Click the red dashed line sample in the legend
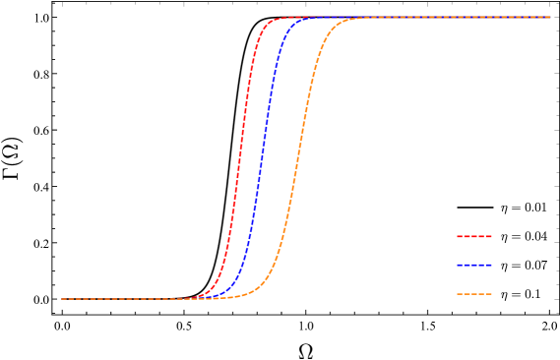473,236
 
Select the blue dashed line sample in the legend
473,266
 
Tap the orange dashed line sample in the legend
473,294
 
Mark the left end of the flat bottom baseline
62,299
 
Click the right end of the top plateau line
549,17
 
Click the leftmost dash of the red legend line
460,236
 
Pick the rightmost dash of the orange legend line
487,294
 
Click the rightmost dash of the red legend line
487,236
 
